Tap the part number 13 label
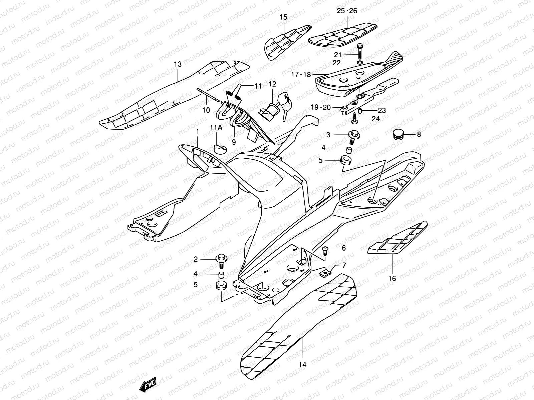pos(178,64)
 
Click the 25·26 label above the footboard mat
pos(347,11)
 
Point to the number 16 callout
pos(392,278)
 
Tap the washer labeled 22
pos(359,63)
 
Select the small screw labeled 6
pos(325,249)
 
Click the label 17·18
pos(301,75)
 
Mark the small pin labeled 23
pos(360,110)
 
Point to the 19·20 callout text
pos(321,107)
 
